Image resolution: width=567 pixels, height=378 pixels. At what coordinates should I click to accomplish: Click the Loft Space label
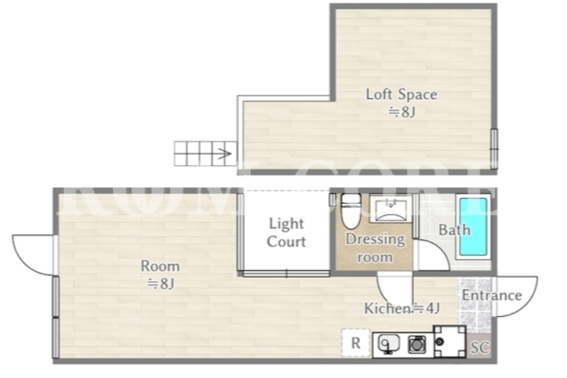coord(401,94)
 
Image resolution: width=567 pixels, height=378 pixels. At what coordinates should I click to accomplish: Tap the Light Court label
coord(287,232)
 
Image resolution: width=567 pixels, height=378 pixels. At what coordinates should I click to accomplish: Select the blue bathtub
coord(473,227)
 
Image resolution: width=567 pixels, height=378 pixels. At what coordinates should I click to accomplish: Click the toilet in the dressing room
coord(351,211)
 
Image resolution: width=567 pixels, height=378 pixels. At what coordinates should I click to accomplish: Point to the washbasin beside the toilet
coord(391,209)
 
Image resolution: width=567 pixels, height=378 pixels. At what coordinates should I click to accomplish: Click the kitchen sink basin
coord(388,343)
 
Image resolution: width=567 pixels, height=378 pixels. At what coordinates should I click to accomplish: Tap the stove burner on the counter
coord(417,344)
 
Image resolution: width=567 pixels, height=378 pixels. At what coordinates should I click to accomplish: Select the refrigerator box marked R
coord(356,343)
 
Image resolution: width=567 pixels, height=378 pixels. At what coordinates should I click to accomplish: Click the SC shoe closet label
coord(480,347)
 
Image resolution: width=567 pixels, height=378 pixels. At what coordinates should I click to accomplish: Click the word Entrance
coord(492,296)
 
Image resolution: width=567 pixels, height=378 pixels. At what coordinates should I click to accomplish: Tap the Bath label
coord(455,230)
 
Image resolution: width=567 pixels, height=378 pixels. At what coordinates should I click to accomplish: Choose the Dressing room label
coord(376,248)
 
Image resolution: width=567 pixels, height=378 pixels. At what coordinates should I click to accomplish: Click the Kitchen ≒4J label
coord(402,308)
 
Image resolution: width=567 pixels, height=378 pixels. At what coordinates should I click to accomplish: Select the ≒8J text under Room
coord(161,283)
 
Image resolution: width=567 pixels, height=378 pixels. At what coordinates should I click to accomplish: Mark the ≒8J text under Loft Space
coord(401,112)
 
